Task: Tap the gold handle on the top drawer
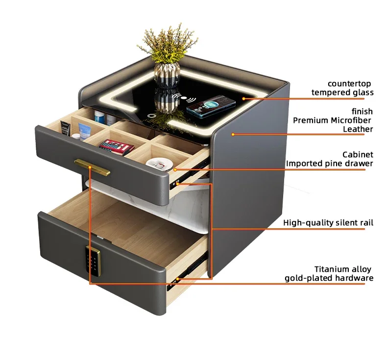tap(93, 167)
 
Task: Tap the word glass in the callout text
tap(362, 93)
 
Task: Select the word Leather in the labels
tap(358, 129)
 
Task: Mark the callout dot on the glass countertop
tap(243, 98)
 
